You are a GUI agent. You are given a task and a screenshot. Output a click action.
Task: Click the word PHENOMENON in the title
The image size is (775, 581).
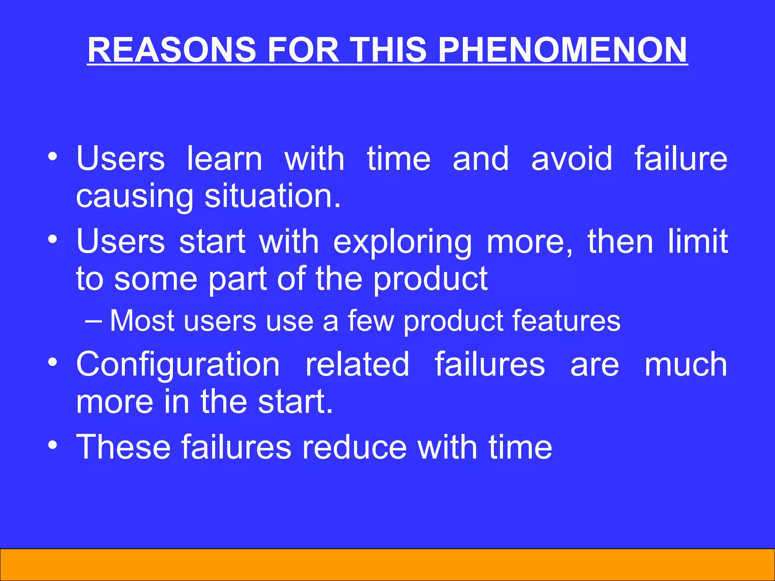pyautogui.click(x=562, y=50)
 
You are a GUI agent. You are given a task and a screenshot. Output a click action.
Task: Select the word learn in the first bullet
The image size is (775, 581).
pyautogui.click(x=225, y=159)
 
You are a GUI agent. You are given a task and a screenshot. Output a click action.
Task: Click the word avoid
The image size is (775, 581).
pyautogui.click(x=571, y=159)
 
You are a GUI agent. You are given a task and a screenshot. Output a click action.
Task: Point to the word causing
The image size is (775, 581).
pyautogui.click(x=134, y=197)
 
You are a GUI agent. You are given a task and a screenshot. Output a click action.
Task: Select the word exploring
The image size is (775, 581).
pyautogui.click(x=402, y=242)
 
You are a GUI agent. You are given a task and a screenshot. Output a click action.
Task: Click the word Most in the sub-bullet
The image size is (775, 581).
pyautogui.click(x=142, y=321)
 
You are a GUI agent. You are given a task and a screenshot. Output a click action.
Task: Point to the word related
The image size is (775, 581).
pyautogui.click(x=357, y=364)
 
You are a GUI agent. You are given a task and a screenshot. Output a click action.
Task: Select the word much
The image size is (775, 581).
pyautogui.click(x=686, y=364)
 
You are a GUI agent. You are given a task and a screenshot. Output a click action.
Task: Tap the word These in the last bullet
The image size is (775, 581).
pyautogui.click(x=123, y=447)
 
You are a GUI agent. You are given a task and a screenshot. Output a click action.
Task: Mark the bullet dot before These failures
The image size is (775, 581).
pyautogui.click(x=53, y=445)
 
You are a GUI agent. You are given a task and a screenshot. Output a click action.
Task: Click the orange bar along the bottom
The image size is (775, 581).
pyautogui.click(x=387, y=564)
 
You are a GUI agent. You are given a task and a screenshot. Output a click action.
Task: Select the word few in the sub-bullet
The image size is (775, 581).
pyautogui.click(x=371, y=321)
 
